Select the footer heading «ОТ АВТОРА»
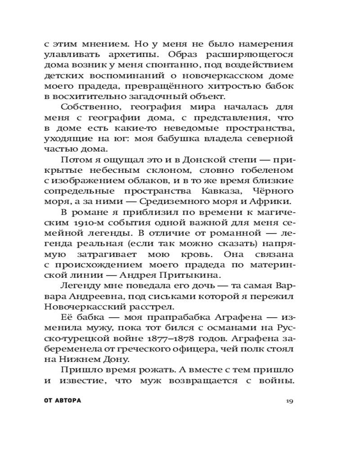coord(63,400)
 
